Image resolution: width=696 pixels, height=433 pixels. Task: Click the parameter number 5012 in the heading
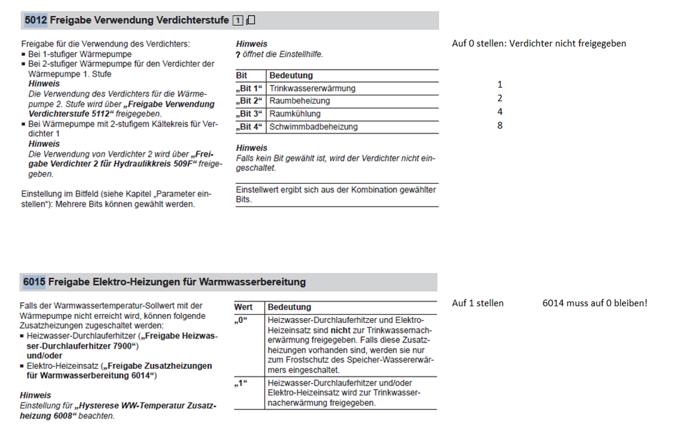[x=35, y=20]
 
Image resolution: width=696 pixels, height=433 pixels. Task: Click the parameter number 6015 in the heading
[x=34, y=282]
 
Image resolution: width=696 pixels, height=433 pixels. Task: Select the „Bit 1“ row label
[x=249, y=88]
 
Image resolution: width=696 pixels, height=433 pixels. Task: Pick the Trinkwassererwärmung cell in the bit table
[x=312, y=88]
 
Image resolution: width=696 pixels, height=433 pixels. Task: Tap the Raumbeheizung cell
[x=300, y=101]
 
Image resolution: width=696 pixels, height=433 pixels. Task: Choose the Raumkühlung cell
[x=295, y=113]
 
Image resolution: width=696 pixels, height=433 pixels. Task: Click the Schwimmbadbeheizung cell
[x=313, y=127]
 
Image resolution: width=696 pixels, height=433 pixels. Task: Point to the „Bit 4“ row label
[x=249, y=127]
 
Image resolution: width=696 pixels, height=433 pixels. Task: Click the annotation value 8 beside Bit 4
[x=500, y=126]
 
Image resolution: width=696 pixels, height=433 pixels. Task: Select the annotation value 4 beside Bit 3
[x=500, y=111]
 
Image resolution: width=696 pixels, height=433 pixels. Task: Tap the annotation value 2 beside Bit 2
[x=500, y=98]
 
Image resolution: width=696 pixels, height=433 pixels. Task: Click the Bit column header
[x=242, y=75]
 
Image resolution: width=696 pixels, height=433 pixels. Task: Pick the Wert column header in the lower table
[x=244, y=307]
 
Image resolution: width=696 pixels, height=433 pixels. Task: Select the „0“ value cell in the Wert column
[x=242, y=320]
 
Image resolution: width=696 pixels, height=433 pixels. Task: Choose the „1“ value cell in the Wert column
[x=242, y=384]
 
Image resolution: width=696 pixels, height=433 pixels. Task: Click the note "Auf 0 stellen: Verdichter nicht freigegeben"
[x=539, y=43]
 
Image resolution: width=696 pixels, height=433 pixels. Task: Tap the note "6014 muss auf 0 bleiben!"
[x=594, y=304]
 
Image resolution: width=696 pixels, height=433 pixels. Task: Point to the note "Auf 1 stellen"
[x=477, y=304]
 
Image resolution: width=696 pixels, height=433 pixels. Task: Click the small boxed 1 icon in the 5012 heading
[x=238, y=21]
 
